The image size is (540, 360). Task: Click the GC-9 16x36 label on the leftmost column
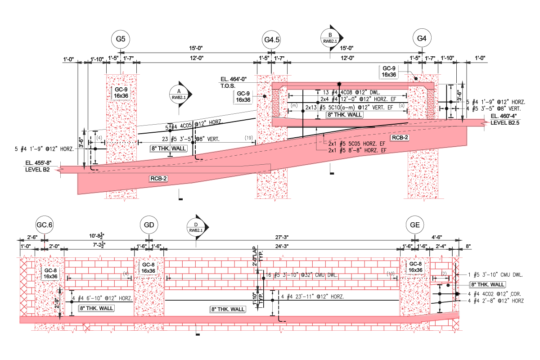pyautogui.click(x=121, y=93)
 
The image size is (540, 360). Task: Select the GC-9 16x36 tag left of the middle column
pyautogui.click(x=243, y=96)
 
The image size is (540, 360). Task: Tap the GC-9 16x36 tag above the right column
pyautogui.click(x=389, y=72)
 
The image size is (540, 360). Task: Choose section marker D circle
pyautogui.click(x=195, y=228)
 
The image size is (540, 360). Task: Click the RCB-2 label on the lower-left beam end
pyautogui.click(x=159, y=179)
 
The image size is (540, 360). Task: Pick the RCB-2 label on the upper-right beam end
pyautogui.click(x=400, y=138)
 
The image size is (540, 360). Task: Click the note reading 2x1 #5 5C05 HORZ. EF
pyautogui.click(x=357, y=144)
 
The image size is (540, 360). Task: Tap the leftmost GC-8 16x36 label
pyautogui.click(x=50, y=273)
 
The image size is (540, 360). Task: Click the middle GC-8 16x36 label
pyautogui.click(x=148, y=268)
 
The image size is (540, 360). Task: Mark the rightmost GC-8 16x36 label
pyautogui.click(x=415, y=267)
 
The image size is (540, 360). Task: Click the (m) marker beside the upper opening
pyautogui.click(x=294, y=105)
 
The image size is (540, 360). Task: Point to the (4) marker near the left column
pyautogui.click(x=99, y=138)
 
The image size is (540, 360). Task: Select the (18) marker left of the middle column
pyautogui.click(x=248, y=138)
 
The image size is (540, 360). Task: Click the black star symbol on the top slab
pyautogui.click(x=339, y=84)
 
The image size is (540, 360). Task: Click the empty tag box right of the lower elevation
pyautogui.click(x=487, y=285)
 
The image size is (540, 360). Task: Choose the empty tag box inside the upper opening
pyautogui.click(x=344, y=115)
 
